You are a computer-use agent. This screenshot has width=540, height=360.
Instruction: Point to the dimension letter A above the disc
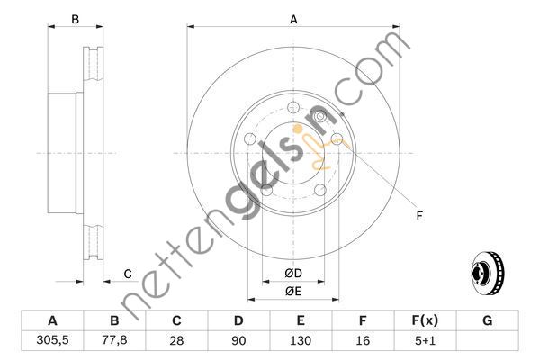coord(292,18)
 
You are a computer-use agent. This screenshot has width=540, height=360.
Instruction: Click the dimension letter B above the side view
coord(76,19)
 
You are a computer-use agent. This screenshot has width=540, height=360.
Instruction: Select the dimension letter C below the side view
coord(128,274)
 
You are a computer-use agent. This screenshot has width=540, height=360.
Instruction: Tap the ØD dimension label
coord(292,273)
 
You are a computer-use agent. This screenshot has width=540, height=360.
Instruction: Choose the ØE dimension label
coord(292,290)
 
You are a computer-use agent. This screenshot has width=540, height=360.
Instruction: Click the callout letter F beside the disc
coord(419,216)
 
